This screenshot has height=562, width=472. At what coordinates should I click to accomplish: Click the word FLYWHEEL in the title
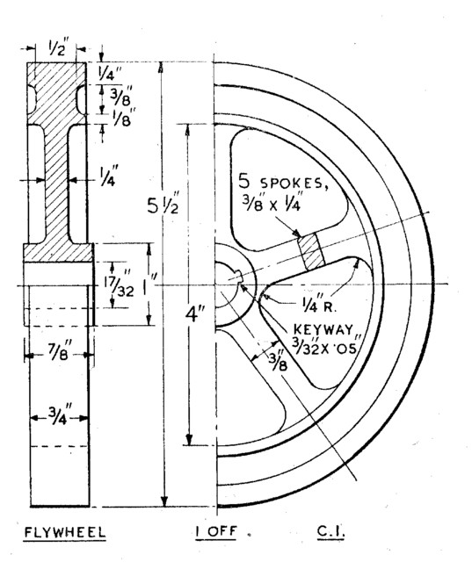pyautogui.click(x=63, y=533)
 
